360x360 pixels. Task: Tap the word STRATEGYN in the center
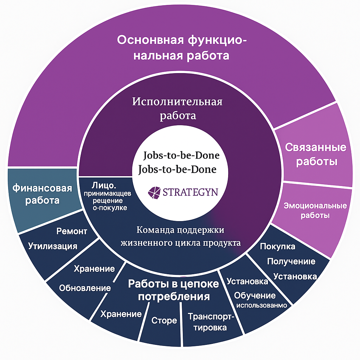coord(190,192)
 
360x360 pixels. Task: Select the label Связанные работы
coord(316,154)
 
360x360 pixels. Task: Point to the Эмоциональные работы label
coord(315,210)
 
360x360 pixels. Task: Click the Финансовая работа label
coord(42,194)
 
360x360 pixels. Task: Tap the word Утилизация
coord(53,245)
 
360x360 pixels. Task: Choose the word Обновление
coord(85,288)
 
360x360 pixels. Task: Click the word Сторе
coord(164,321)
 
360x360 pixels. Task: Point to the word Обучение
coord(255,295)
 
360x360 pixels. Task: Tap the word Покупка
coord(277,246)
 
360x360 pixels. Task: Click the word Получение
coord(291,262)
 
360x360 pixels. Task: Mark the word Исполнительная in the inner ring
coord(178,102)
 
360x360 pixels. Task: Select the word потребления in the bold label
coord(174,296)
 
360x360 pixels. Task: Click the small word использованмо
coord(262,305)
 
